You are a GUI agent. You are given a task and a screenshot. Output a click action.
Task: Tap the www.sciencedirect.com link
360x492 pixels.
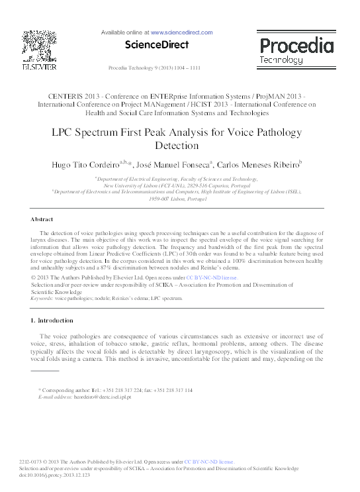(x=181, y=32)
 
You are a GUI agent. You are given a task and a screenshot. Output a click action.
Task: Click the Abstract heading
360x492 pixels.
(x=42, y=219)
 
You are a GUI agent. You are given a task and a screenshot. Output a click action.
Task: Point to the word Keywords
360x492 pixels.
(x=42, y=299)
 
